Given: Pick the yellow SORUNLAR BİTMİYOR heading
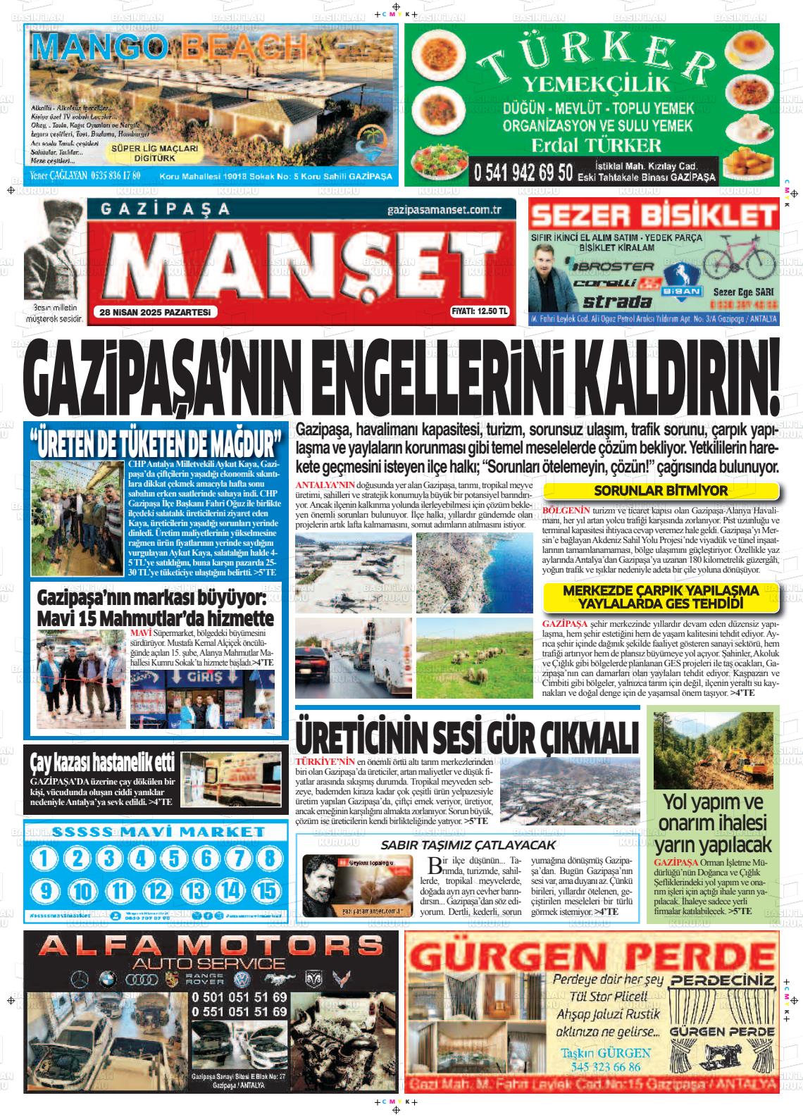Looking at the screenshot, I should [661, 491].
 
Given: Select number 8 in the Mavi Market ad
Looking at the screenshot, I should [268, 858].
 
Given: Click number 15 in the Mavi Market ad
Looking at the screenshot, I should [268, 891].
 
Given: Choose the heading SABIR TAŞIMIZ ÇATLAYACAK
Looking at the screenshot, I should [468, 844].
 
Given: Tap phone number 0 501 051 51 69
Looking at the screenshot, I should [239, 997].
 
